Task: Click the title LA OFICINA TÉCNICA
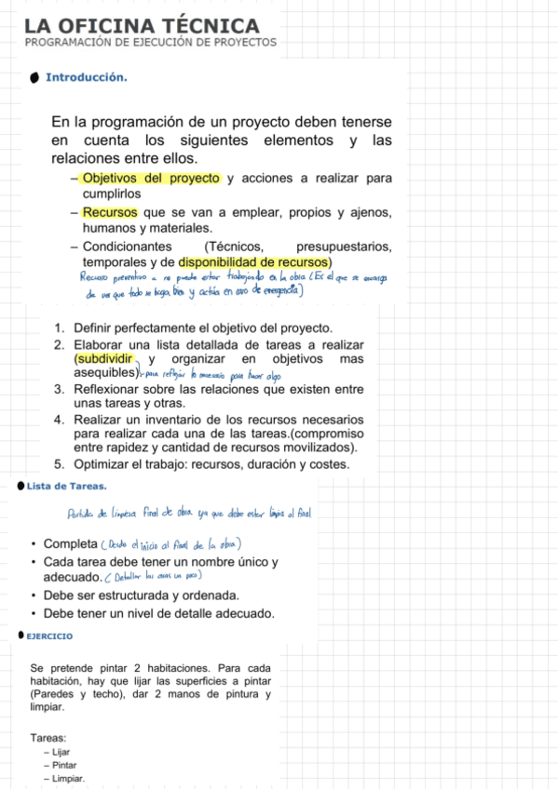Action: pos(142,26)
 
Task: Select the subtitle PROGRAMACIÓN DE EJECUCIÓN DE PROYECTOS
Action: pos(150,43)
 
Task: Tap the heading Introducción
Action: pos(86,77)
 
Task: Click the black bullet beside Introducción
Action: pos(34,77)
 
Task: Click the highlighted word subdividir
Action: pos(104,359)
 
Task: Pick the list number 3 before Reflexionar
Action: pos(59,388)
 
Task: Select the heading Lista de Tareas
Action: pos(67,486)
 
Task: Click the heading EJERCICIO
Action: pos(49,636)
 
